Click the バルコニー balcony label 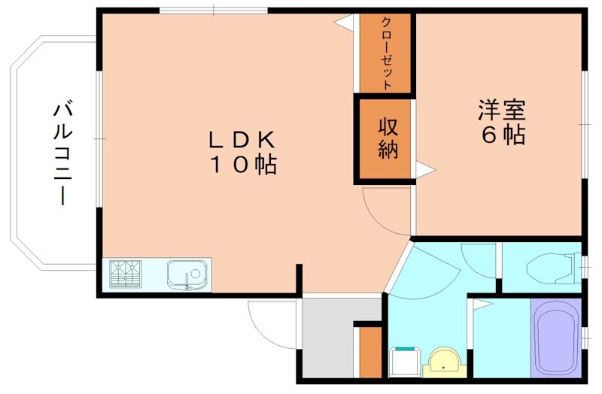(x=62, y=154)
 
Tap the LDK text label (x=243, y=141)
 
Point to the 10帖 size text (x=243, y=165)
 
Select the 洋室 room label (x=500, y=111)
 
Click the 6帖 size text (x=501, y=136)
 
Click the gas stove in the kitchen (x=126, y=274)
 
